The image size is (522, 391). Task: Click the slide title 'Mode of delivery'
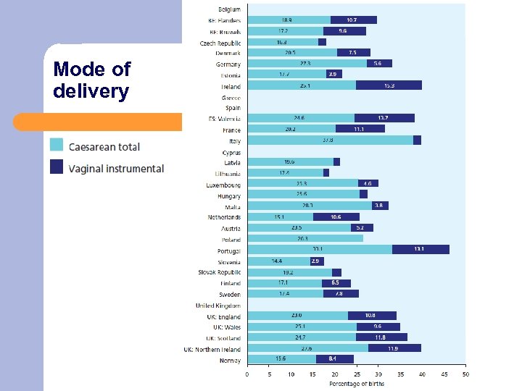[x=91, y=80]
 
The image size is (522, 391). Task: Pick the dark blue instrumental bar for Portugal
[x=420, y=249]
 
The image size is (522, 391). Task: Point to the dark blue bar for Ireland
[x=389, y=85]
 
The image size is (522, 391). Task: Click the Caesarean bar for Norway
[x=281, y=359]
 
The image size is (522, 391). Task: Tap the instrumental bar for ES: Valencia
[x=384, y=118]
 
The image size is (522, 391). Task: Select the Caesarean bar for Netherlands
[x=280, y=216]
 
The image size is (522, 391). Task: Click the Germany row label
[x=228, y=64]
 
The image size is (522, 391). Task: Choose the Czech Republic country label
[x=220, y=43]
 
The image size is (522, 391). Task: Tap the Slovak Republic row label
[x=220, y=272]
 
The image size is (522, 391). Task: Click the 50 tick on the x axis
[x=465, y=374]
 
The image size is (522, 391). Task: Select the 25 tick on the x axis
[x=356, y=374]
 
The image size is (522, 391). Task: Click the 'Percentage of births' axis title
[x=356, y=383]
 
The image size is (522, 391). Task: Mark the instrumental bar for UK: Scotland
[x=381, y=337]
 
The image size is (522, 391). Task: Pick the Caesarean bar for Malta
[x=310, y=206]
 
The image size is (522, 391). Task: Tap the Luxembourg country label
[x=223, y=185]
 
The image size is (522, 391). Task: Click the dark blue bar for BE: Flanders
[x=353, y=20]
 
